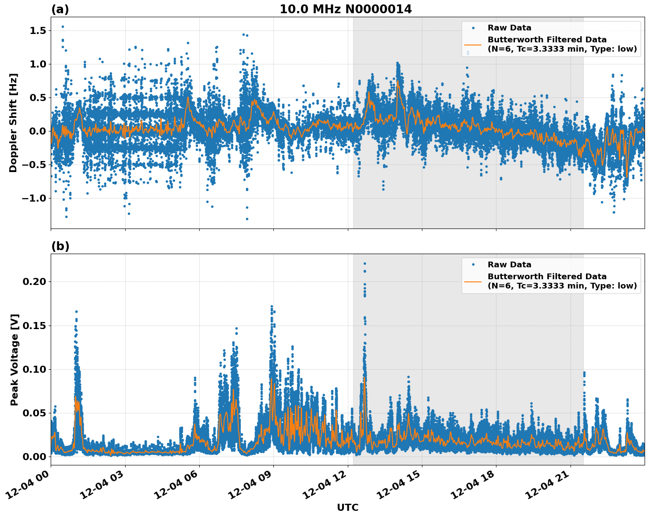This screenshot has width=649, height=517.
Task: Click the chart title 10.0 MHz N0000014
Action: click(346, 9)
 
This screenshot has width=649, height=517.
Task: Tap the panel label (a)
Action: click(60, 9)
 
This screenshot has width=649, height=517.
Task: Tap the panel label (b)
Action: click(60, 246)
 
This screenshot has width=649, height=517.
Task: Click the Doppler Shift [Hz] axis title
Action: click(13, 123)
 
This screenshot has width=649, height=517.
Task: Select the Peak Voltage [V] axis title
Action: click(15, 360)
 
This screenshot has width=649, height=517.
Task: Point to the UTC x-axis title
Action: click(347, 507)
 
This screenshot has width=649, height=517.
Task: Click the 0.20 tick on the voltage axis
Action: click(35, 281)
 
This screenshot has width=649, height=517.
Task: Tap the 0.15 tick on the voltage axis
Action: click(35, 326)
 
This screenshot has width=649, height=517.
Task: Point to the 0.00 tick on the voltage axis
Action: click(35, 457)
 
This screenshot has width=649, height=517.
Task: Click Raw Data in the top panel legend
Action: click(509, 28)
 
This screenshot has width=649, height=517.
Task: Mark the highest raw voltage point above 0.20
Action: click(365, 264)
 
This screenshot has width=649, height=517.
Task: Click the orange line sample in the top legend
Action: click(473, 45)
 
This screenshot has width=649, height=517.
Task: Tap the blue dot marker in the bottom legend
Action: click(473, 265)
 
